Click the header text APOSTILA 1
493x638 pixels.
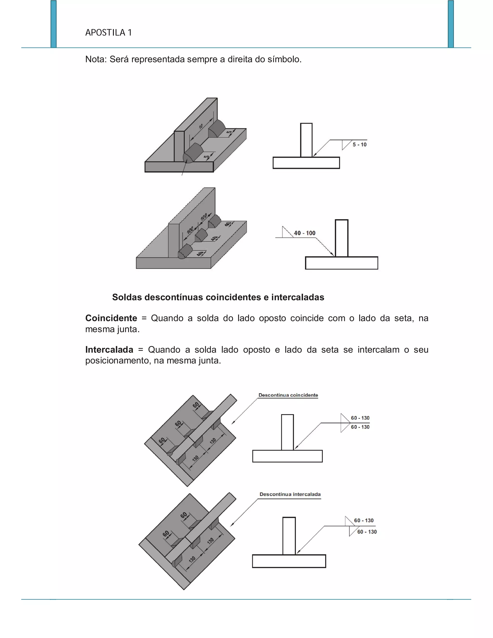(x=108, y=33)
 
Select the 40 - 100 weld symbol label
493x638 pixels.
(x=304, y=233)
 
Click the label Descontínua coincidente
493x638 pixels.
(x=288, y=395)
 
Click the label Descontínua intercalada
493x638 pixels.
(x=290, y=494)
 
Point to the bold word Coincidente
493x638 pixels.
(x=111, y=318)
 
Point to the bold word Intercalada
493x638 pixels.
(x=109, y=350)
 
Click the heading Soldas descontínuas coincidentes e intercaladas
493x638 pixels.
(x=218, y=297)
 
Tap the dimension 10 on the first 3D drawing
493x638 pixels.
(x=201, y=126)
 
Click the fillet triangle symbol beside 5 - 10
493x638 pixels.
(x=346, y=144)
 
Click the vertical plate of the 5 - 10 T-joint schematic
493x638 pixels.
(x=306, y=140)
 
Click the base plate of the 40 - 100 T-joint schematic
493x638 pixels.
(x=341, y=263)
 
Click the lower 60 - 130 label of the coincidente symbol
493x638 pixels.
(x=360, y=427)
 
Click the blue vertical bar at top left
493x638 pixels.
(x=53, y=23)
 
